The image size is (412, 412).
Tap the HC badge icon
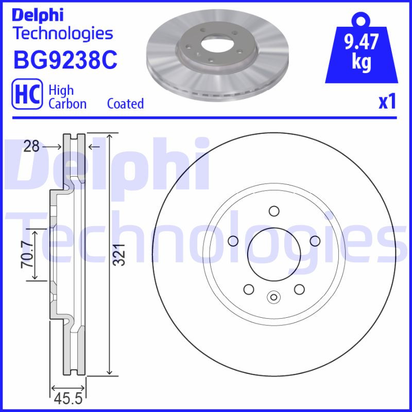tap(26, 96)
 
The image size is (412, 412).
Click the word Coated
tap(125, 104)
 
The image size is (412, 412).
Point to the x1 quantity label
tap(387, 102)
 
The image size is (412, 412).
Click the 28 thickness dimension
tap(31, 147)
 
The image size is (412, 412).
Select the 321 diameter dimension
tap(119, 254)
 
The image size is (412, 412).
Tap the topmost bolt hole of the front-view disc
tap(273, 211)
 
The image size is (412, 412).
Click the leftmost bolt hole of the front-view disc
tap(233, 241)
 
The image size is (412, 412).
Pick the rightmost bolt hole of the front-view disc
tap(314, 241)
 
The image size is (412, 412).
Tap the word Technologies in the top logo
tap(62, 33)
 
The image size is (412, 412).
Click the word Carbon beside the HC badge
tap(67, 104)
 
